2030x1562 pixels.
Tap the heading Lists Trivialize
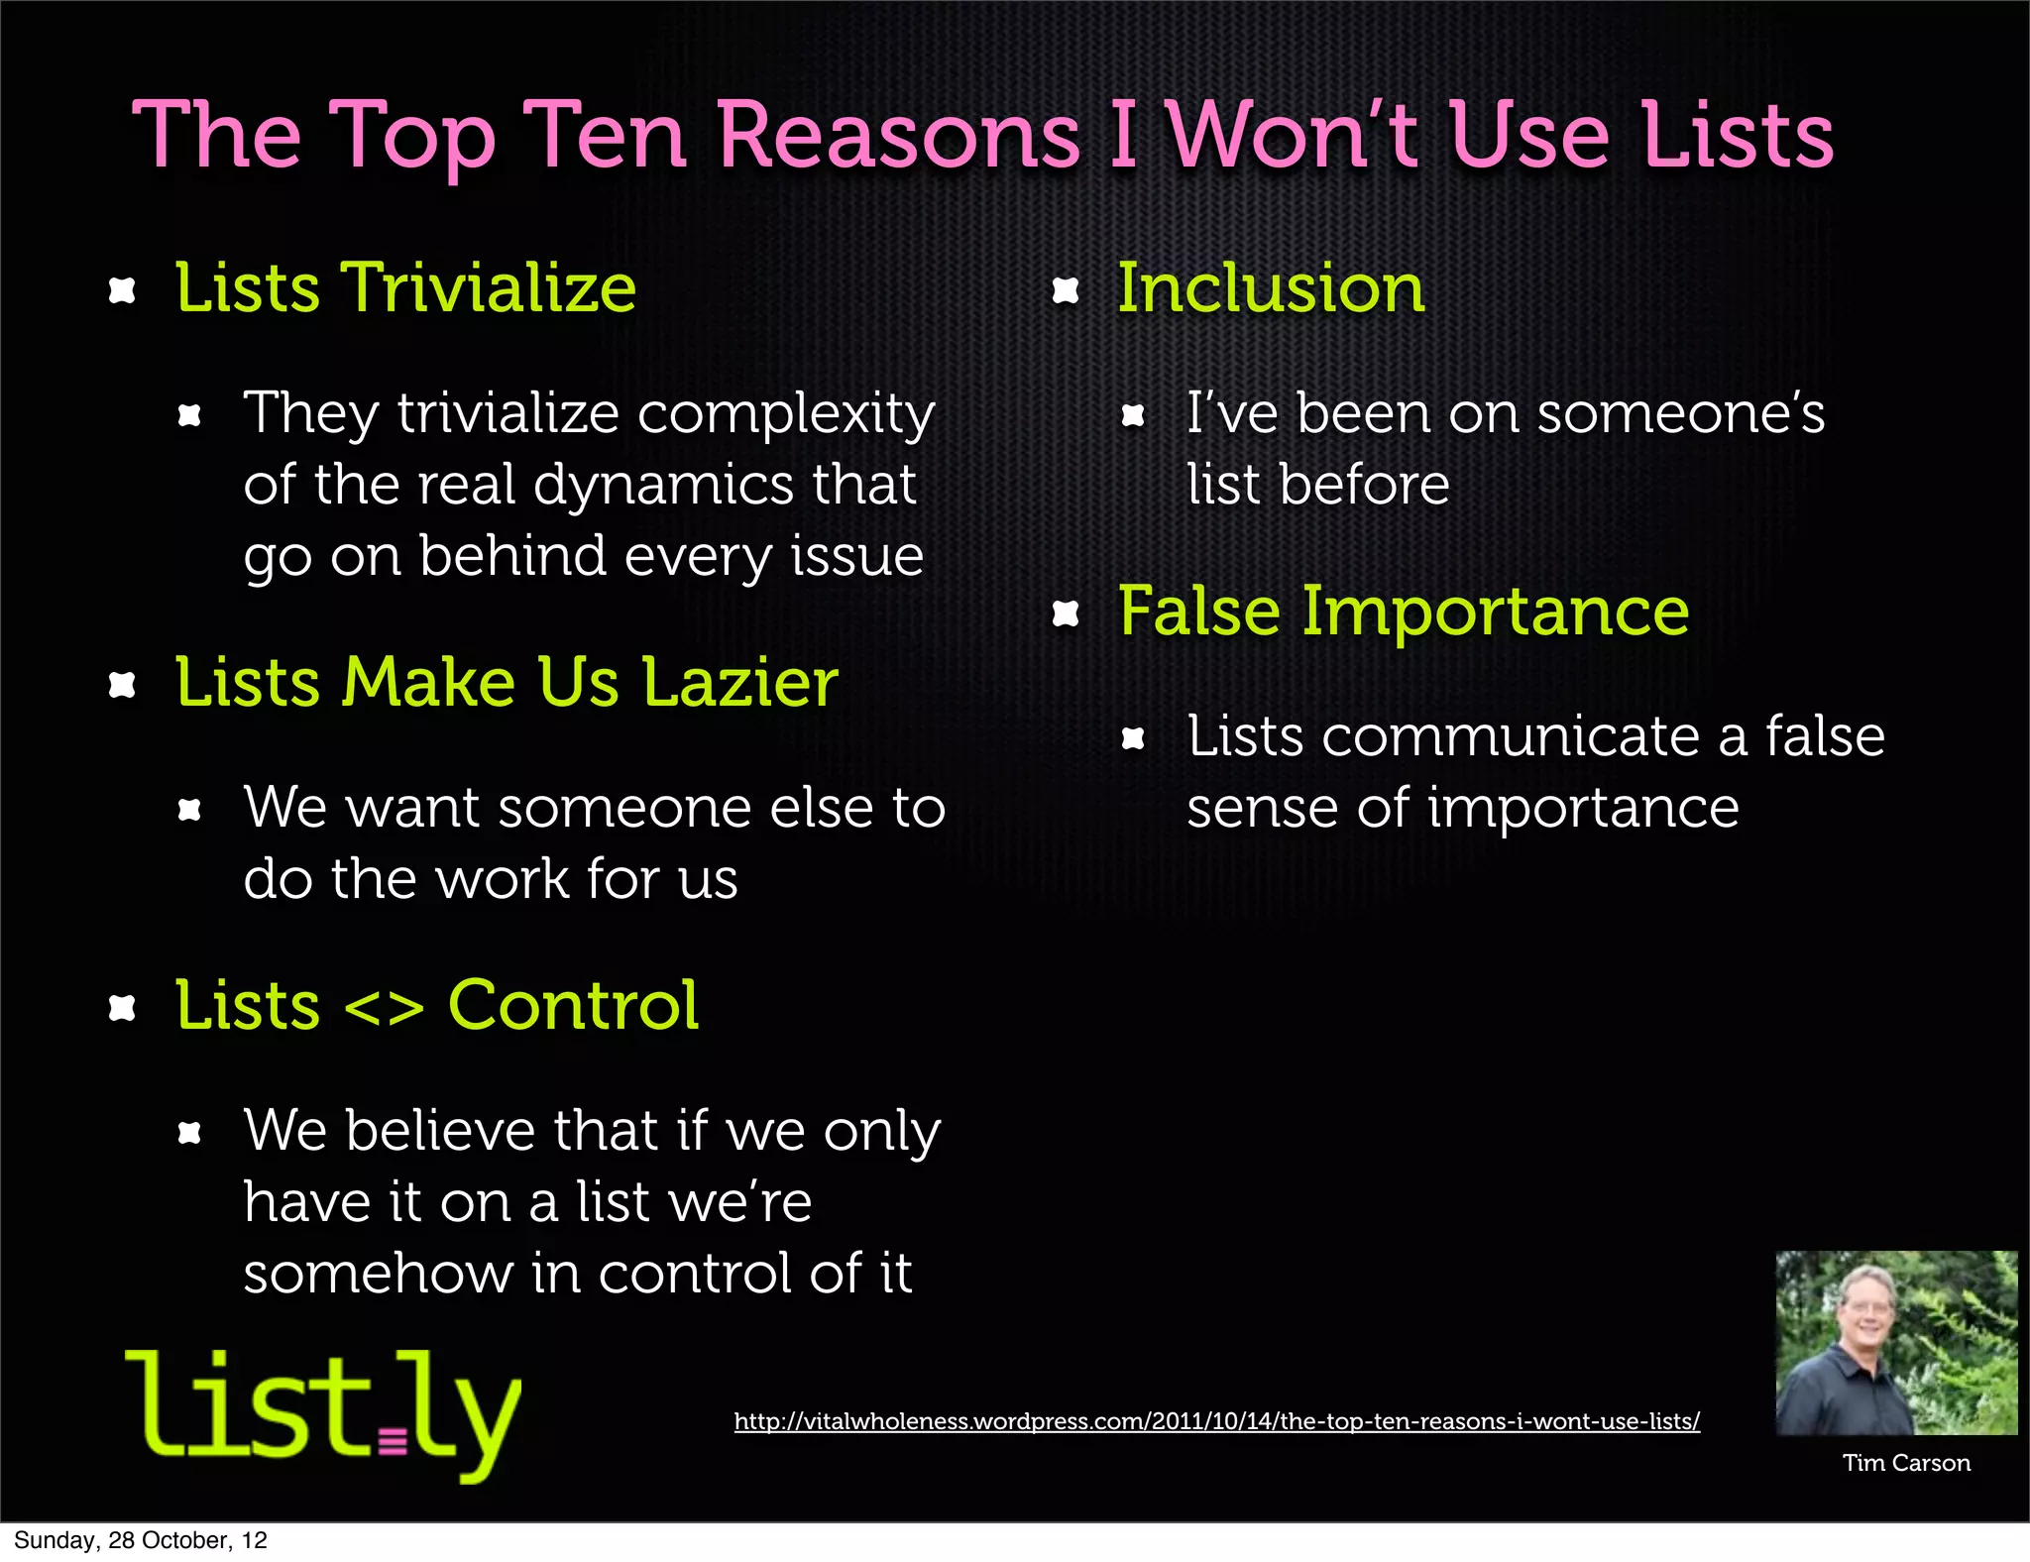coord(405,288)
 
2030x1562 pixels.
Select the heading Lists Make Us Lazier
coord(507,683)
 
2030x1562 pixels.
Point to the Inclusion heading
coord(1271,288)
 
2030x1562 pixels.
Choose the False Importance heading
coord(1404,612)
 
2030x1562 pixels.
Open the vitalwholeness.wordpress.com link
coord(1216,1421)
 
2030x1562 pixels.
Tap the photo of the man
coord(1895,1342)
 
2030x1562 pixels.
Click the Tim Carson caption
coord(1905,1463)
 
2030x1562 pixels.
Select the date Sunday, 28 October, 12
coord(141,1540)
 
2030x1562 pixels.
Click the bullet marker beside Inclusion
coord(1065,290)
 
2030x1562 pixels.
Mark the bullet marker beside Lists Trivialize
coord(122,290)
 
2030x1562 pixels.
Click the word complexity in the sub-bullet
coord(786,414)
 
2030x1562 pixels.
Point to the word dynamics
coord(663,485)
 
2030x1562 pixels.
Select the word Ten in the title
coord(605,136)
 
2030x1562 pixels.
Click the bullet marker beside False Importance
coord(1065,614)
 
